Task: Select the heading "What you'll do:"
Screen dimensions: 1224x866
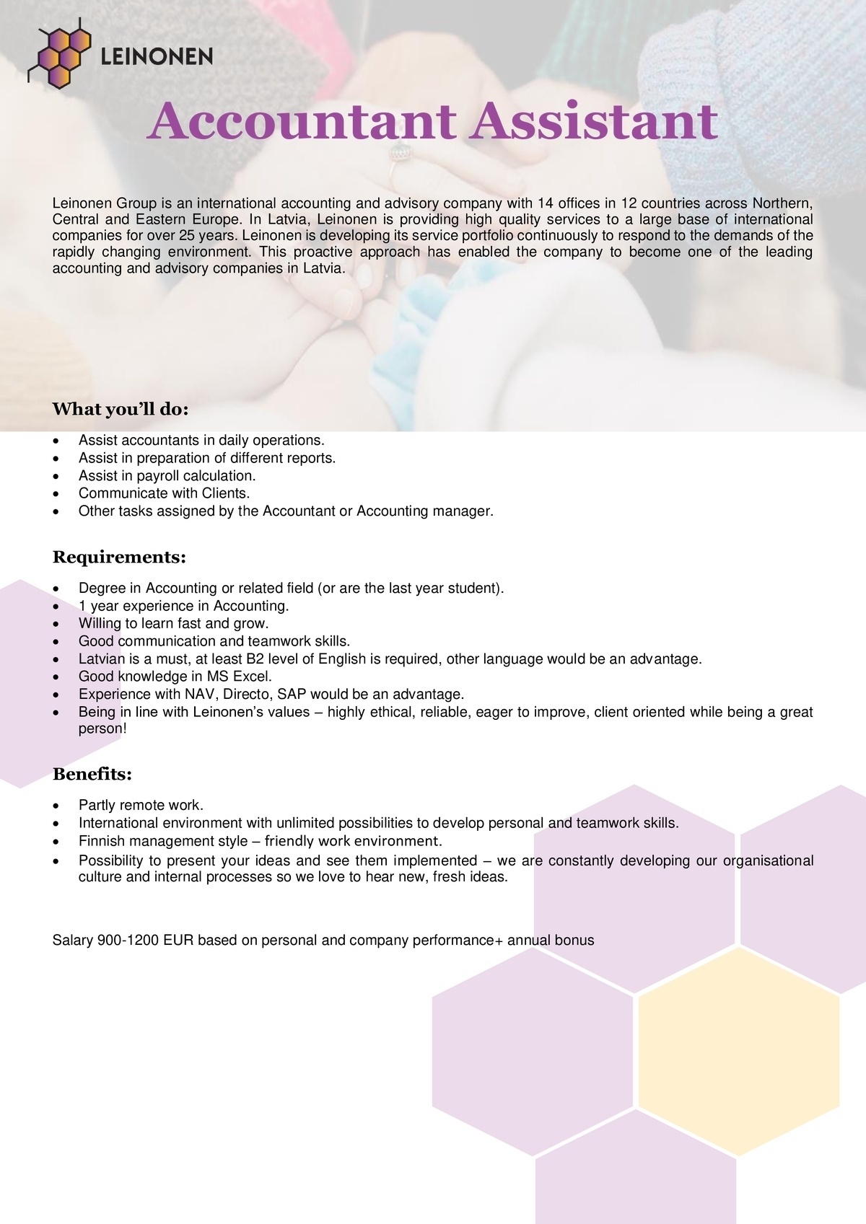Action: (x=120, y=410)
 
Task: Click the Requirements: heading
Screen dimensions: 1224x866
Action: (x=119, y=558)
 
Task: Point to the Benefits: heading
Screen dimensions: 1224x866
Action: (x=92, y=775)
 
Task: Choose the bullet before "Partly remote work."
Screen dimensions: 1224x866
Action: (x=56, y=806)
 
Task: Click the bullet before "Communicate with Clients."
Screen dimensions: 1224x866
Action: (x=56, y=494)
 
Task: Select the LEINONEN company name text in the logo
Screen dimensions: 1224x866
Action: (x=157, y=56)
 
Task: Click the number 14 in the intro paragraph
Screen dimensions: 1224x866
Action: (x=545, y=203)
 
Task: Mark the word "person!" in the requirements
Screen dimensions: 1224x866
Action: (x=102, y=728)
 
